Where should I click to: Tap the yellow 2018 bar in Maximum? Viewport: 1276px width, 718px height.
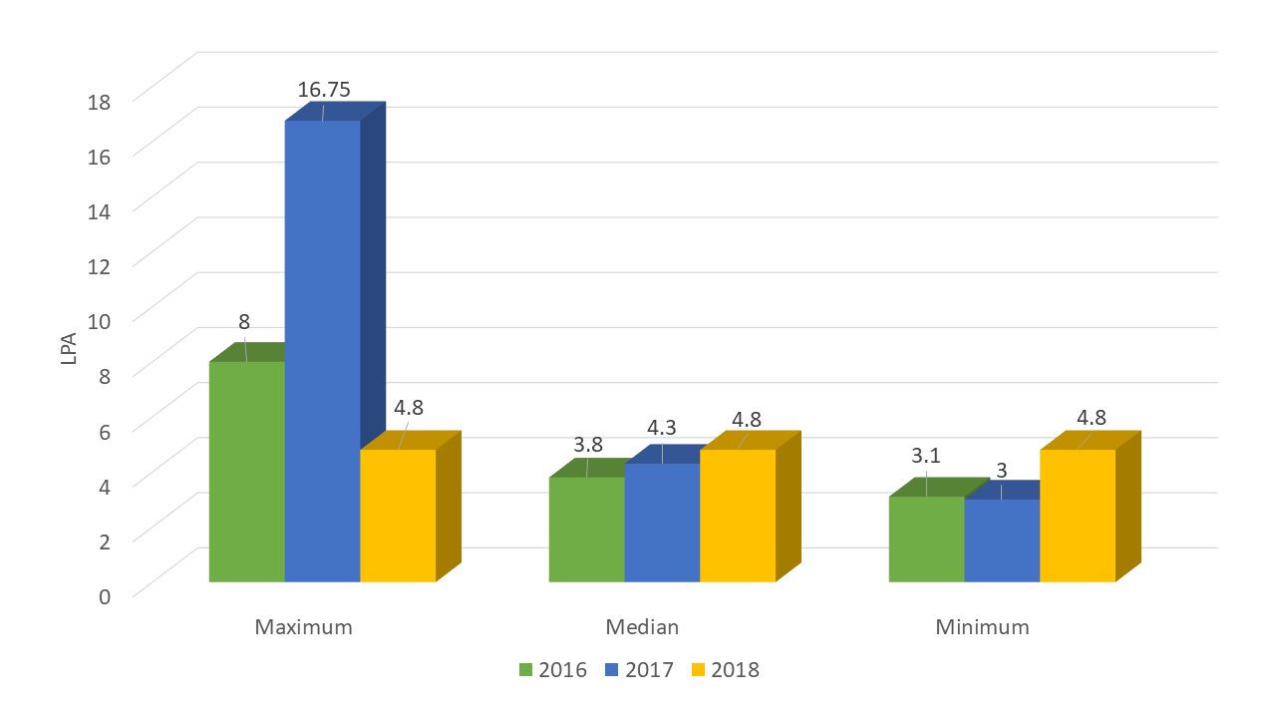click(398, 516)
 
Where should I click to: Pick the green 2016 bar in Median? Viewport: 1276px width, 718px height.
click(586, 530)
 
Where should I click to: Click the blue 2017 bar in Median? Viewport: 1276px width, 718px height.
click(662, 523)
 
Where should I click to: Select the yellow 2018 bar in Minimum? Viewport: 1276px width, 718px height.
click(1077, 516)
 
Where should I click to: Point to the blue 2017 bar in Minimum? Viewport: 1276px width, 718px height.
click(1002, 540)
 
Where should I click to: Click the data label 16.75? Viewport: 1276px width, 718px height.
click(324, 90)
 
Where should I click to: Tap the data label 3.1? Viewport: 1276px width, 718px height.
click(926, 456)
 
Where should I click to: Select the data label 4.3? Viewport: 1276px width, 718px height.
click(662, 427)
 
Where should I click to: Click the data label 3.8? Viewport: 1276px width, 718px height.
click(587, 441)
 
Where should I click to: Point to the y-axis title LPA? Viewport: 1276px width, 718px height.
click(69, 344)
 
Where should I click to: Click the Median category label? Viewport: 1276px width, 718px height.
click(642, 627)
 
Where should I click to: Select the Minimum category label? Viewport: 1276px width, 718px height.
click(982, 627)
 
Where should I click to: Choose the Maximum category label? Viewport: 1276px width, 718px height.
click(303, 627)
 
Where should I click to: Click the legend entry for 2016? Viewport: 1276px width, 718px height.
click(553, 670)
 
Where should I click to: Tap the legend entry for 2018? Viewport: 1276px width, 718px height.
click(726, 670)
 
